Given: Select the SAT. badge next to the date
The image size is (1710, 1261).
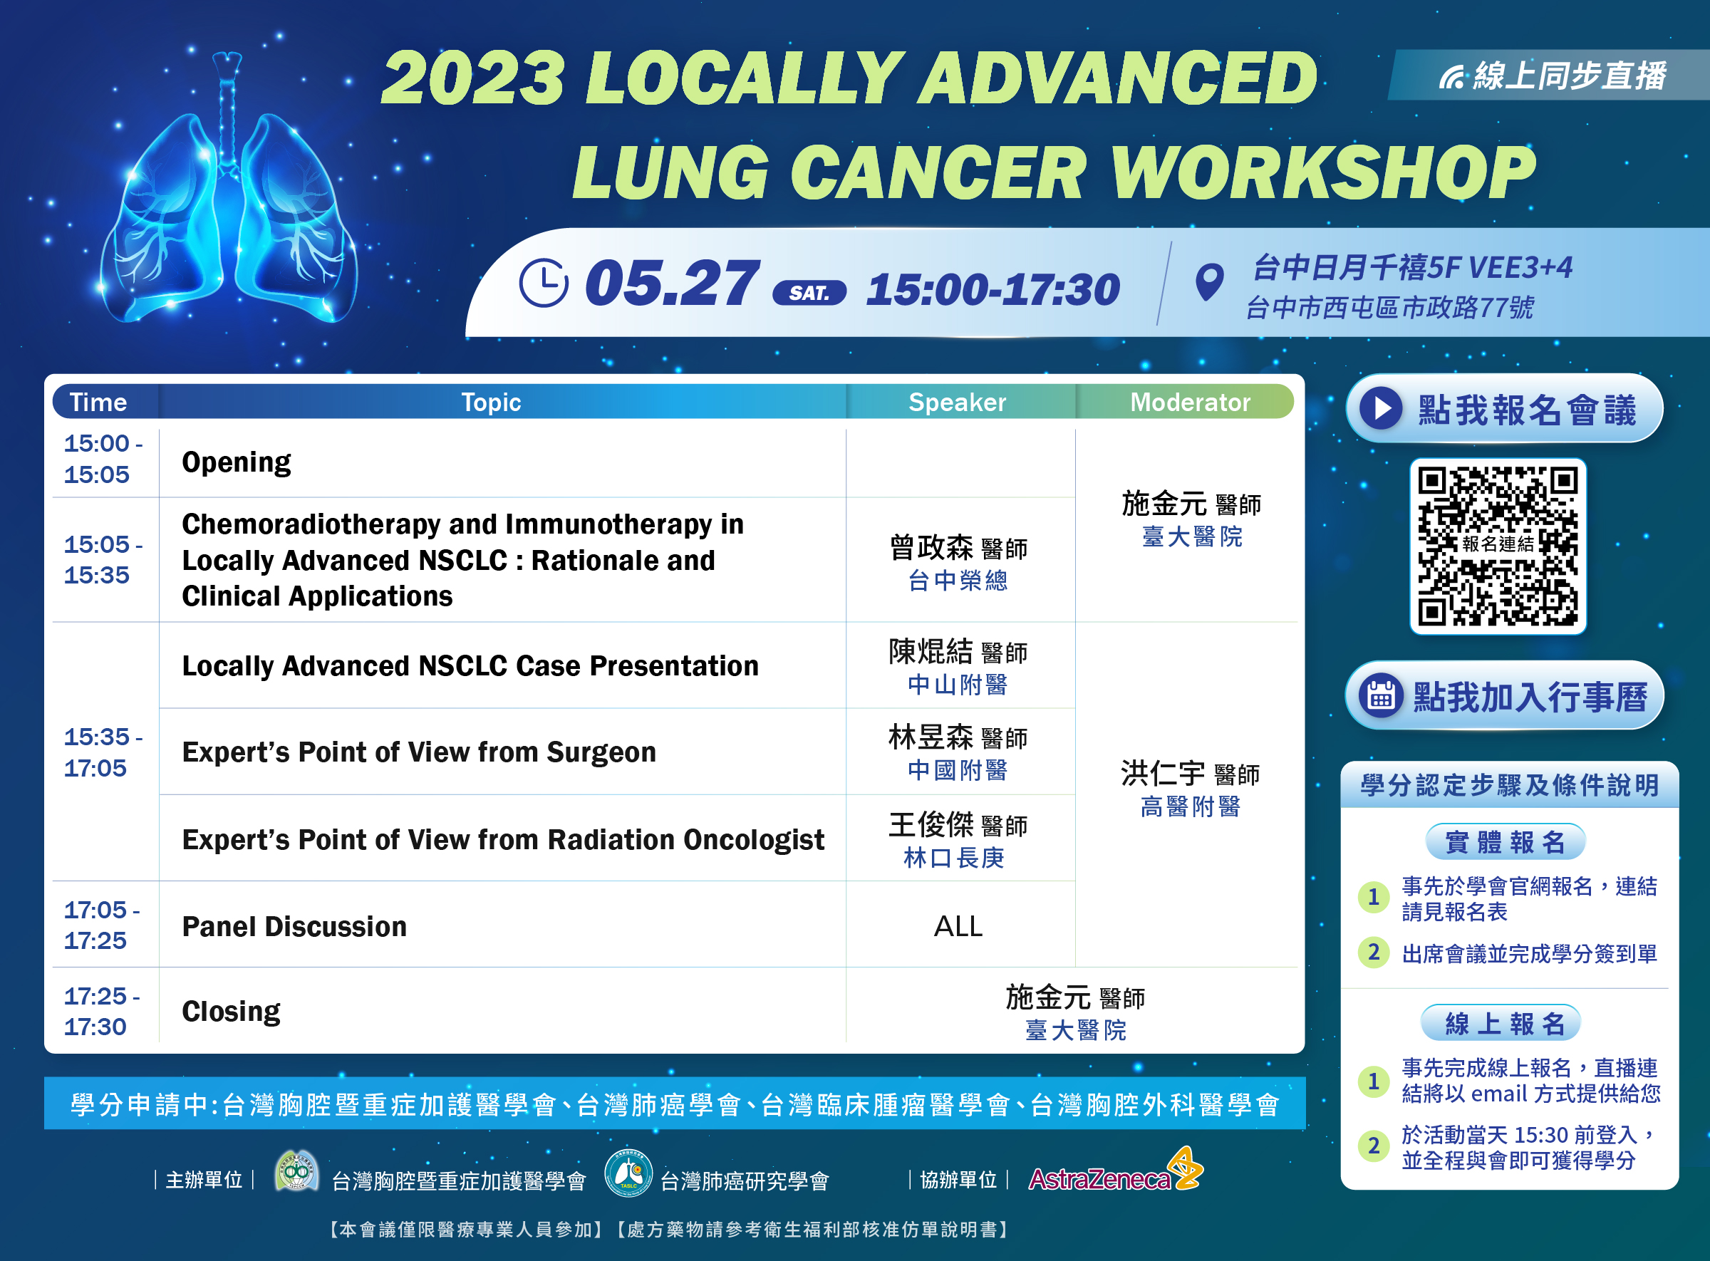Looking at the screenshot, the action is click(x=809, y=293).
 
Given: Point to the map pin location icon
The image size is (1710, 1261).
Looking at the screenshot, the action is click(x=1209, y=282).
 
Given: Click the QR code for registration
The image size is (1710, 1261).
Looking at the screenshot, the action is click(x=1498, y=546).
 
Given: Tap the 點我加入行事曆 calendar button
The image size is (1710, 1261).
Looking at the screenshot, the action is click(x=1504, y=695).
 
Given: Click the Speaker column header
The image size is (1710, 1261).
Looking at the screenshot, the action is click(x=958, y=403).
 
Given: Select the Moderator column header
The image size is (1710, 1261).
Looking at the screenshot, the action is click(x=1189, y=403).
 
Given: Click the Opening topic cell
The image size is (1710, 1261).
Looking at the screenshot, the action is click(x=502, y=462).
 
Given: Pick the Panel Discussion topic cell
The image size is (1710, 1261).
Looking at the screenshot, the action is click(x=502, y=925).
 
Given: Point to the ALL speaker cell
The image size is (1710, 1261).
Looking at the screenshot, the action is click(x=959, y=926).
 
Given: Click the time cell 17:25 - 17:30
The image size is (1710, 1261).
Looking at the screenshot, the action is click(x=103, y=1011).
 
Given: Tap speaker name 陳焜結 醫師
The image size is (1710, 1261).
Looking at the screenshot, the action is click(x=958, y=652).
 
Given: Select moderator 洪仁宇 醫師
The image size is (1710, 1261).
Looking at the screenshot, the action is click(x=1190, y=773).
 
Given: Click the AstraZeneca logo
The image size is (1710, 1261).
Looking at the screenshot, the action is click(x=1114, y=1171).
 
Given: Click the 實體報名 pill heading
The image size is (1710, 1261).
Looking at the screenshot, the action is click(x=1506, y=842).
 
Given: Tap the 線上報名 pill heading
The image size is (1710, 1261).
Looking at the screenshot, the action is click(x=1501, y=1023).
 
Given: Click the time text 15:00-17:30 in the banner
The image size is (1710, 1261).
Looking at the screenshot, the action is click(x=993, y=290).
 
